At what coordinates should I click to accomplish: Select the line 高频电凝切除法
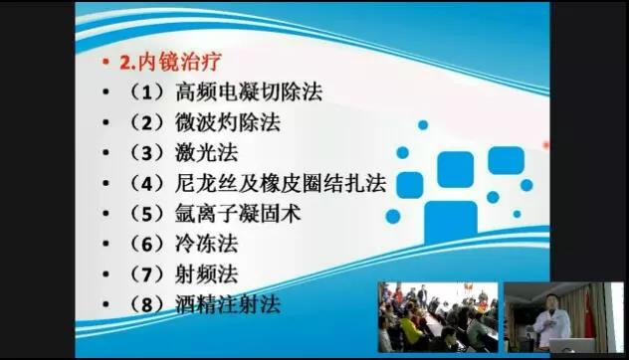(x=249, y=92)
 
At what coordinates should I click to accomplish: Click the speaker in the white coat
(x=543, y=320)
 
